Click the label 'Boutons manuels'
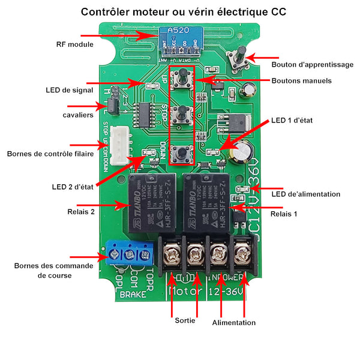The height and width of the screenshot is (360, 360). (301, 80)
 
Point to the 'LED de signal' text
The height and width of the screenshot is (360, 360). (69, 90)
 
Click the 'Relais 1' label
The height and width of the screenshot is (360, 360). (284, 214)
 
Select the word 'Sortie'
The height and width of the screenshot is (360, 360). (184, 320)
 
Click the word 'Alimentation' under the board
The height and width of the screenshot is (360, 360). (234, 322)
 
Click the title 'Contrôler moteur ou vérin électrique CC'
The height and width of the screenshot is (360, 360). (183, 11)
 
